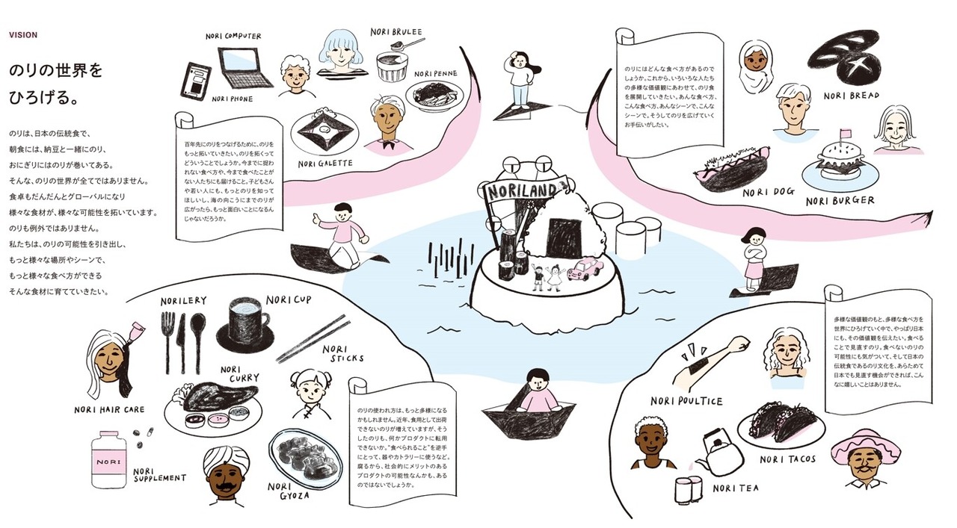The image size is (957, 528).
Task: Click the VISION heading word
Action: [x=23, y=35]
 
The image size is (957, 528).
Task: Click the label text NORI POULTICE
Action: [x=686, y=400]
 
